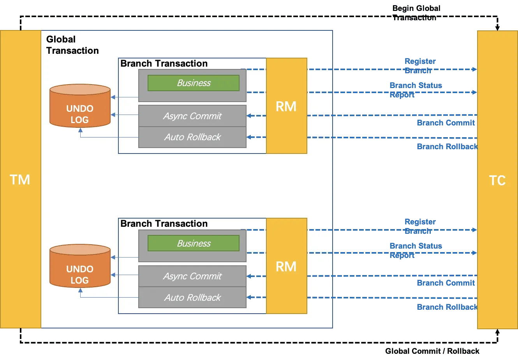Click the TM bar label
(20, 180)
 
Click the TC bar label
(497, 180)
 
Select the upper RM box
(286, 106)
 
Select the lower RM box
(286, 266)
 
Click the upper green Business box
(194, 83)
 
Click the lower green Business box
(194, 244)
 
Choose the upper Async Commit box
(192, 116)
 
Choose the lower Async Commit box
(192, 276)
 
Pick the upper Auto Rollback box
(192, 137)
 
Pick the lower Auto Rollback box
(192, 298)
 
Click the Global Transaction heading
(72, 45)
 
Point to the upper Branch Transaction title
(164, 64)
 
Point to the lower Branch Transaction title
(164, 224)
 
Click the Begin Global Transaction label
(417, 13)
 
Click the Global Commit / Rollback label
(432, 351)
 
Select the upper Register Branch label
(420, 65)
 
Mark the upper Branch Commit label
(446, 123)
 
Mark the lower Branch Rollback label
(447, 307)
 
